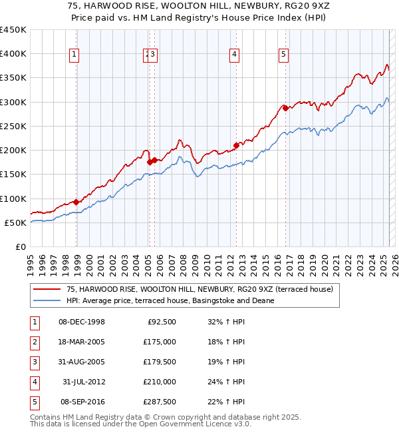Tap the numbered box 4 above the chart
(235, 55)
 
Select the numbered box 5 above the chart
(284, 55)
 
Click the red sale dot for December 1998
(76, 202)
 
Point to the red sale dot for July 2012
(236, 145)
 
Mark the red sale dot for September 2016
(285, 108)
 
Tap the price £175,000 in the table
(160, 342)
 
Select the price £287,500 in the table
(160, 402)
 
